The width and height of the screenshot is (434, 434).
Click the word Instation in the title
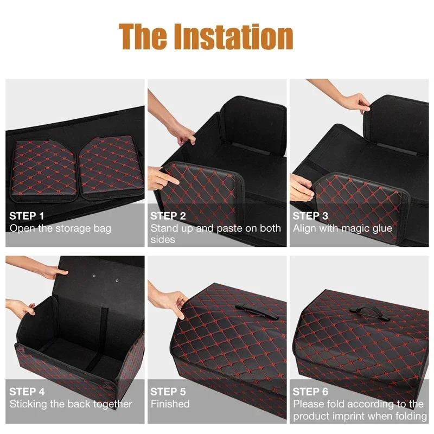pos(238,36)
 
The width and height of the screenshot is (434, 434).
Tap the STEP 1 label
pos(27,216)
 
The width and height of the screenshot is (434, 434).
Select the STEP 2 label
pos(168,216)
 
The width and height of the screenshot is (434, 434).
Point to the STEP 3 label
pos(310,216)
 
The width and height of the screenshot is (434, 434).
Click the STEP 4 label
pos(27,391)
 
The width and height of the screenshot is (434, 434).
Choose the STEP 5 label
pos(168,391)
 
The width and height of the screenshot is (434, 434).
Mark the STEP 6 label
pos(310,391)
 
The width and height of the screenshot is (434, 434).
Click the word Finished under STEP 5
pos(170,404)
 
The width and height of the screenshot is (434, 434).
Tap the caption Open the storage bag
pos(60,228)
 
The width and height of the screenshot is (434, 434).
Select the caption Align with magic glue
pos(342,228)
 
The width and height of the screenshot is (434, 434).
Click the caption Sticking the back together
pos(71,404)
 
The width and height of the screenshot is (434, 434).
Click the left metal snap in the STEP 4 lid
pos(94,276)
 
